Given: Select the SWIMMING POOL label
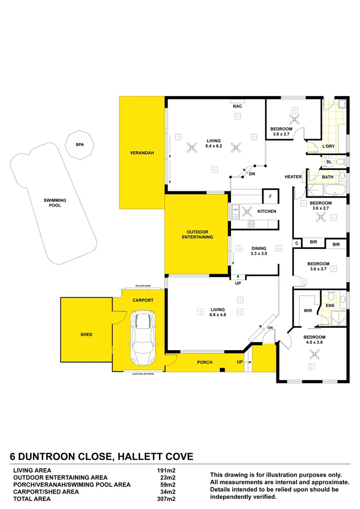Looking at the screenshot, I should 55,202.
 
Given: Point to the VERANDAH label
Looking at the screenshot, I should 142,154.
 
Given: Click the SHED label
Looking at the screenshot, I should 86,334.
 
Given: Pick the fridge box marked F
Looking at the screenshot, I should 270,197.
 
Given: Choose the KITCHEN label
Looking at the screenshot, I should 266,211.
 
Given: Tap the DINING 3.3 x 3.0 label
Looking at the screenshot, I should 259,251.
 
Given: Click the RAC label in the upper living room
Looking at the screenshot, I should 237,106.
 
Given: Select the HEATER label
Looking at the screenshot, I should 293,177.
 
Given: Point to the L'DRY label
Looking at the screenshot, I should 328,146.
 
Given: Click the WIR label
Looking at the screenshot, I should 308,311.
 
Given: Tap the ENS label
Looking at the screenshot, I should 330,305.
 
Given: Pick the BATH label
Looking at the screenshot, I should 328,177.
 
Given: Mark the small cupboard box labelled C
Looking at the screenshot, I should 298,244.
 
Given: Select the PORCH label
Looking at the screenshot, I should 205,362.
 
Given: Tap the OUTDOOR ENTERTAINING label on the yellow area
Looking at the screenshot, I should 197,235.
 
